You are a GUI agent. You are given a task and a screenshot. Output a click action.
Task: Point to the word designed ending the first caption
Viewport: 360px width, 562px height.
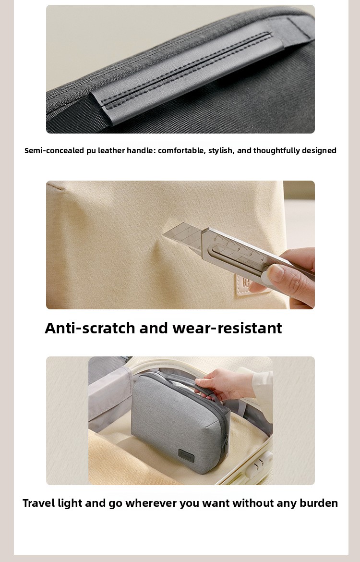point(319,151)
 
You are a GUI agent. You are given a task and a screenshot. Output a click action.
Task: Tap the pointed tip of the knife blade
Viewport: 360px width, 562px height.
point(163,235)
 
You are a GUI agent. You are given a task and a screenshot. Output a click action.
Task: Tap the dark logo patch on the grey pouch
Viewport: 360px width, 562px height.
point(186,456)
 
